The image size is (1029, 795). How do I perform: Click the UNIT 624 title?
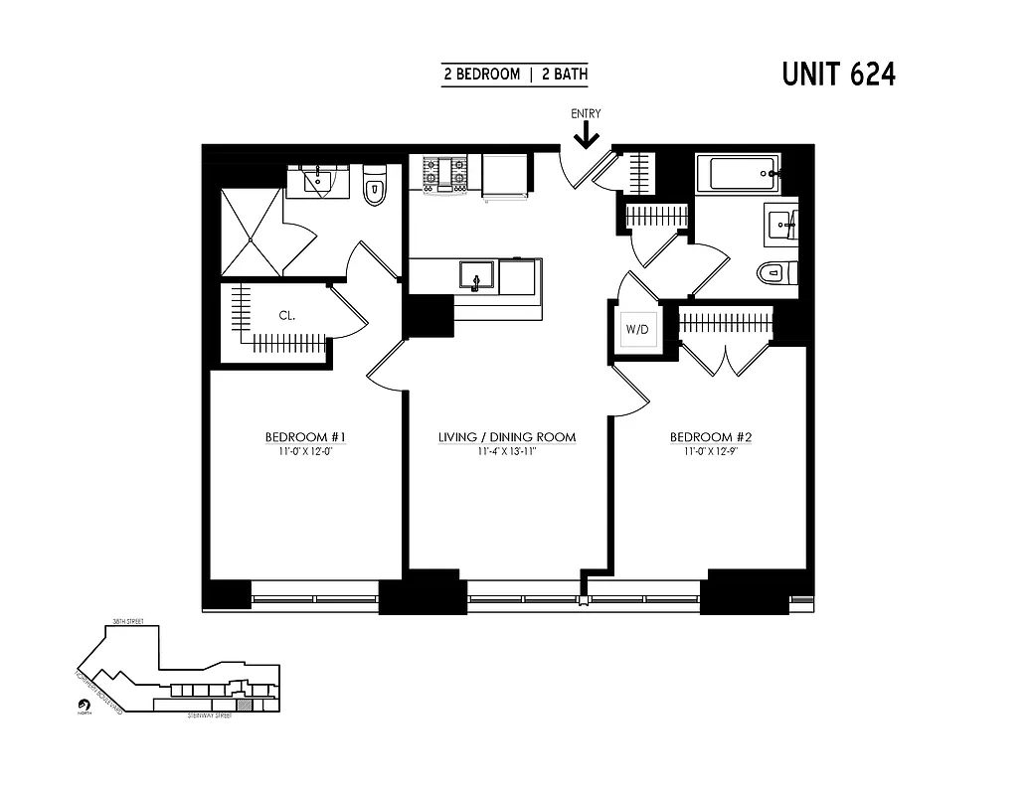pos(838,75)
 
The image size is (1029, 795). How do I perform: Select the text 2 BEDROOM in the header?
pos(481,75)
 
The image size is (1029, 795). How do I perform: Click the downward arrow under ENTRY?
pos(586,134)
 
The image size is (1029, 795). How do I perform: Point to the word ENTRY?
pos(586,113)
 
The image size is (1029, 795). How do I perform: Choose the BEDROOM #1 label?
pos(304,437)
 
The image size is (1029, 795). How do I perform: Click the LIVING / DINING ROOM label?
pos(507,437)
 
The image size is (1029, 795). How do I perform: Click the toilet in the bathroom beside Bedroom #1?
pos(374,188)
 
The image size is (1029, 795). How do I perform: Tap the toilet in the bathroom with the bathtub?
pos(772,272)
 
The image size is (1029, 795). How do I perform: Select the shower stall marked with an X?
pos(252,232)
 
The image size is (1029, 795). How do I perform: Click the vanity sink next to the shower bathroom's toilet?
pos(317,180)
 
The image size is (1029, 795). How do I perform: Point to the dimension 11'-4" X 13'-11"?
pos(507,451)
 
